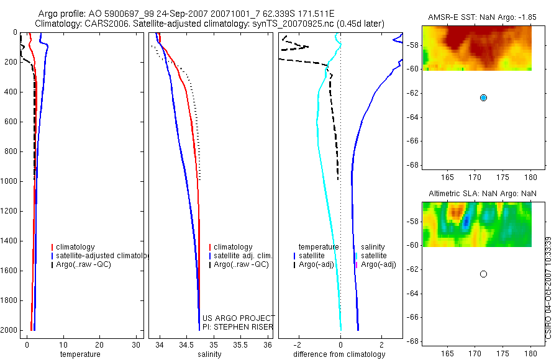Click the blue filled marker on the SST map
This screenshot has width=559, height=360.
click(483, 97)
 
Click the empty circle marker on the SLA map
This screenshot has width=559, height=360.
click(483, 274)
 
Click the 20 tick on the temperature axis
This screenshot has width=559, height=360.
click(99, 345)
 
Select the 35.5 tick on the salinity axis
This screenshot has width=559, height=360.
click(240, 345)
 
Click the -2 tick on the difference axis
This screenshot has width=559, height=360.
click(298, 345)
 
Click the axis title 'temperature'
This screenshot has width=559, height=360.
click(80, 354)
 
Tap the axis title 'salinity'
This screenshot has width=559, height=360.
click(210, 354)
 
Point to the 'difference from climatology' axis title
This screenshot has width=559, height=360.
click(339, 354)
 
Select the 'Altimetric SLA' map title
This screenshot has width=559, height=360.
click(453, 194)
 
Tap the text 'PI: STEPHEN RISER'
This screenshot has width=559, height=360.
click(238, 327)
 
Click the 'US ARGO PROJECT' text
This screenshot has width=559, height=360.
click(239, 318)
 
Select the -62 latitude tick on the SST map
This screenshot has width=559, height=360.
click(413, 93)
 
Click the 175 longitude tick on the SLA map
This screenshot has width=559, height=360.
click(502, 354)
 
